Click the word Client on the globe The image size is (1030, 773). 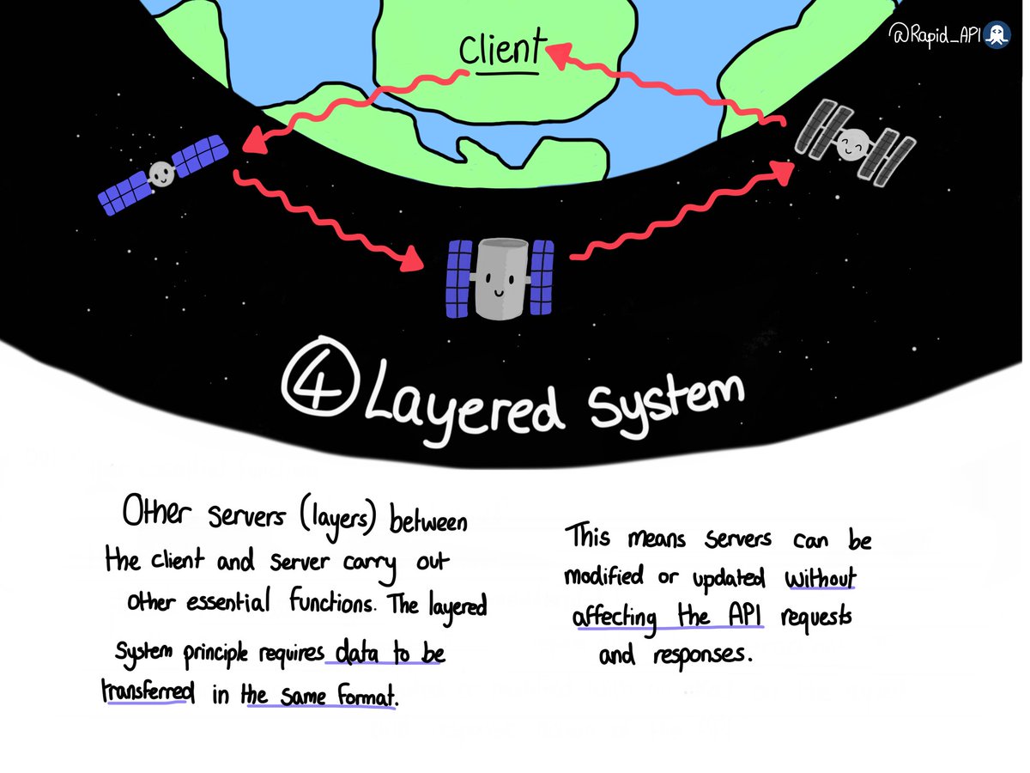point(502,52)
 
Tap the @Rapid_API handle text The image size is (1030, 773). point(939,36)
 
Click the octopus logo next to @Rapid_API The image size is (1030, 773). point(997,36)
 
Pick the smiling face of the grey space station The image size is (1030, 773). point(851,145)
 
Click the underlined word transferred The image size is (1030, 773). point(145,692)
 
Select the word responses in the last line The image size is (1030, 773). point(702,655)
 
